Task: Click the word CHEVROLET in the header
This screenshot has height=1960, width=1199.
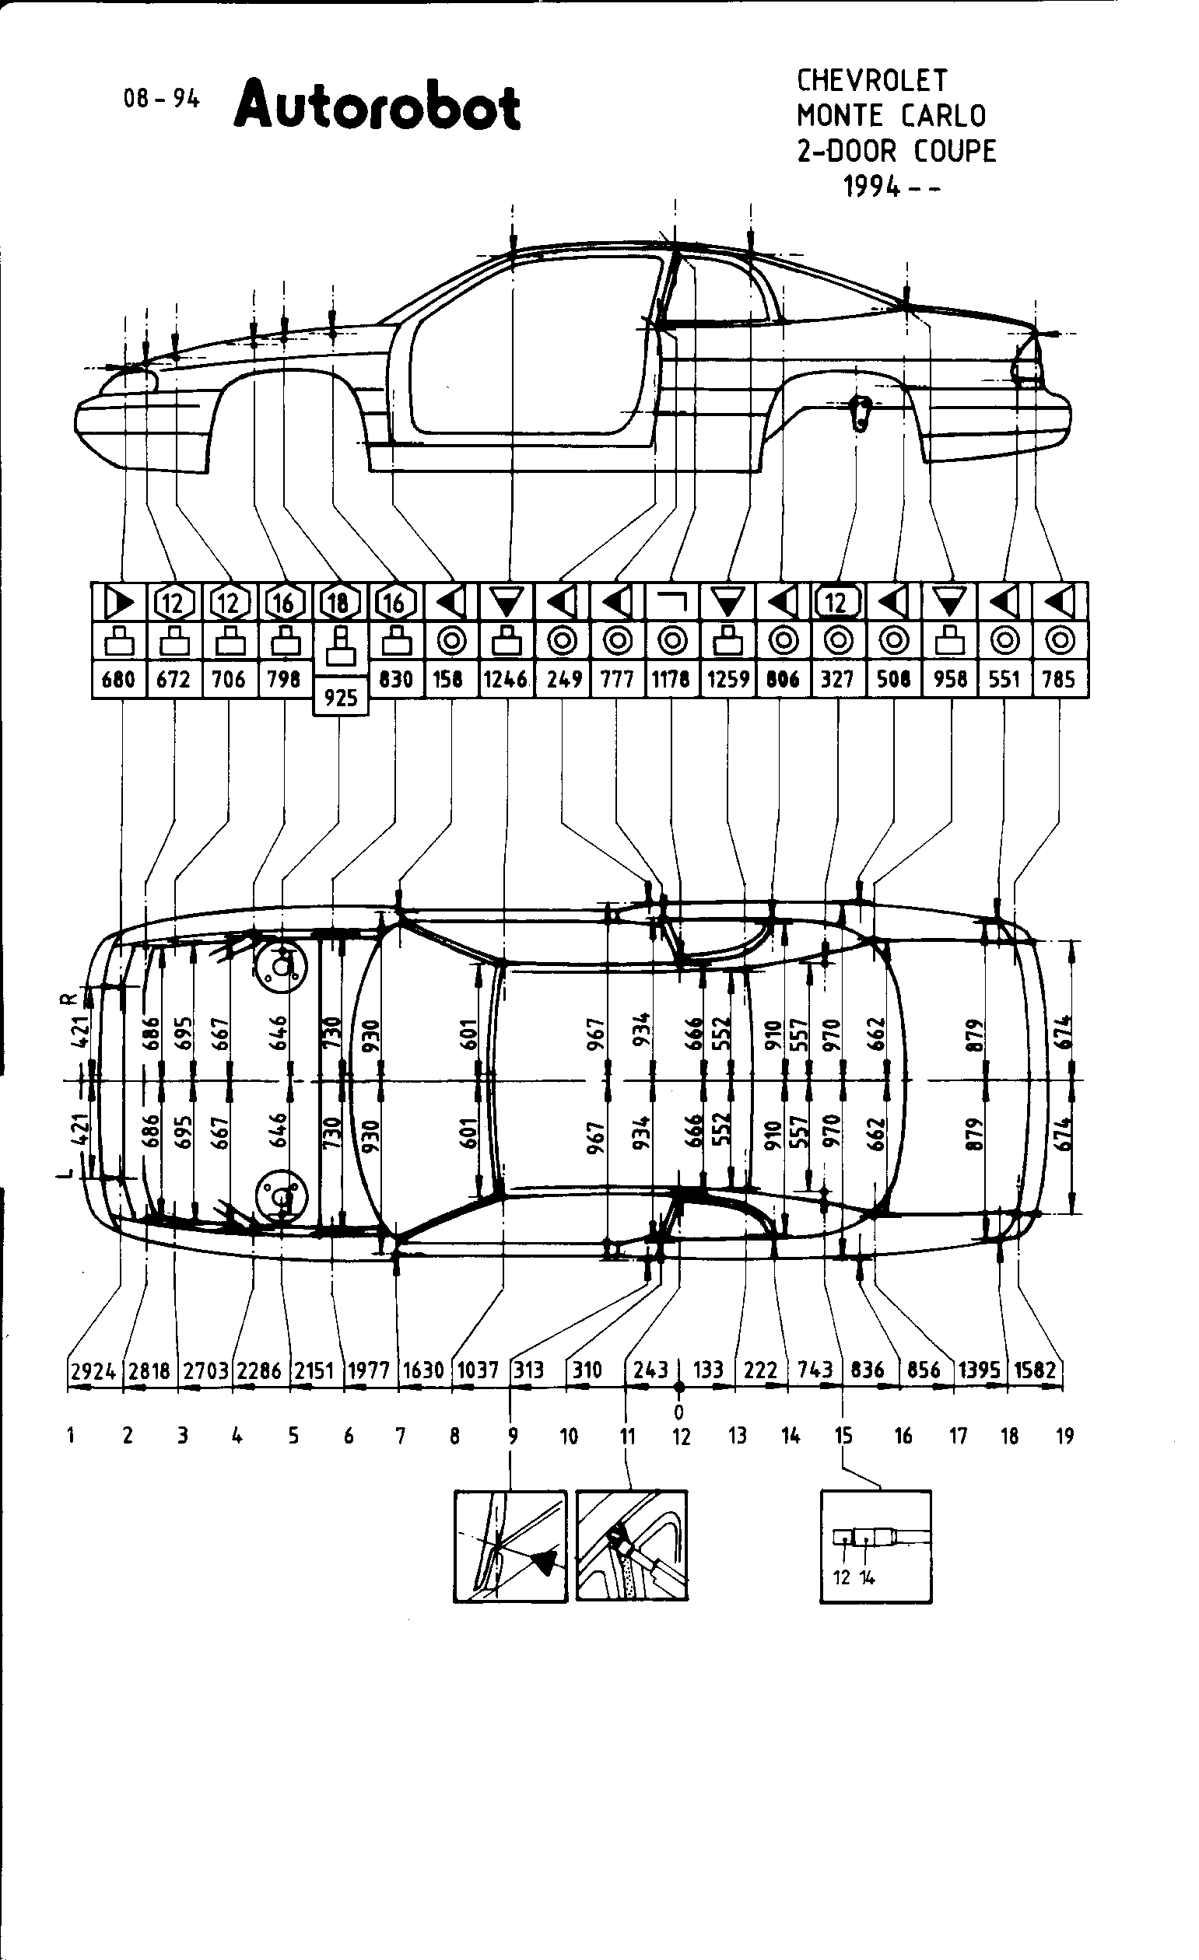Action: click(872, 80)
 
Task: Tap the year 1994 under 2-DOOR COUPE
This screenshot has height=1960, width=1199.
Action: click(873, 187)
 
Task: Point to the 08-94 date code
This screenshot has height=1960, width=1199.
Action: click(161, 99)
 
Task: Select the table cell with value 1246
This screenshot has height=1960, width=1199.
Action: click(506, 678)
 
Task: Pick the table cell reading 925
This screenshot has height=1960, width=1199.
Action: click(341, 698)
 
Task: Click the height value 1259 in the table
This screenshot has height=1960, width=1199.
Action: click(728, 678)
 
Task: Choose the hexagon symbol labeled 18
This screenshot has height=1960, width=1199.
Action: click(340, 603)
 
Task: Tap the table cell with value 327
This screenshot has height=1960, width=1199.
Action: click(837, 678)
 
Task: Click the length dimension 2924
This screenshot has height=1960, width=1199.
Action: click(93, 1370)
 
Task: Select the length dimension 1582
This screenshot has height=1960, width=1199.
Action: click(1035, 1370)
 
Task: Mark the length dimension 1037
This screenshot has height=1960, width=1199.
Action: click(478, 1370)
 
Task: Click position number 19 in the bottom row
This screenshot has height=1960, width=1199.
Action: click(1064, 1436)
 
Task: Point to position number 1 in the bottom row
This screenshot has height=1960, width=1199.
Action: click(71, 1436)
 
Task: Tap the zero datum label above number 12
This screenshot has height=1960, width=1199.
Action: click(678, 1412)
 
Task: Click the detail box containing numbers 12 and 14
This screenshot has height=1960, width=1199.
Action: click(875, 1545)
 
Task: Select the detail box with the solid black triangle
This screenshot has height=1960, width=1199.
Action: click(510, 1545)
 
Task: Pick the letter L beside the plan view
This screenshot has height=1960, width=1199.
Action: click(70, 1171)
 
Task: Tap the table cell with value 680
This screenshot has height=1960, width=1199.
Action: click(118, 678)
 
